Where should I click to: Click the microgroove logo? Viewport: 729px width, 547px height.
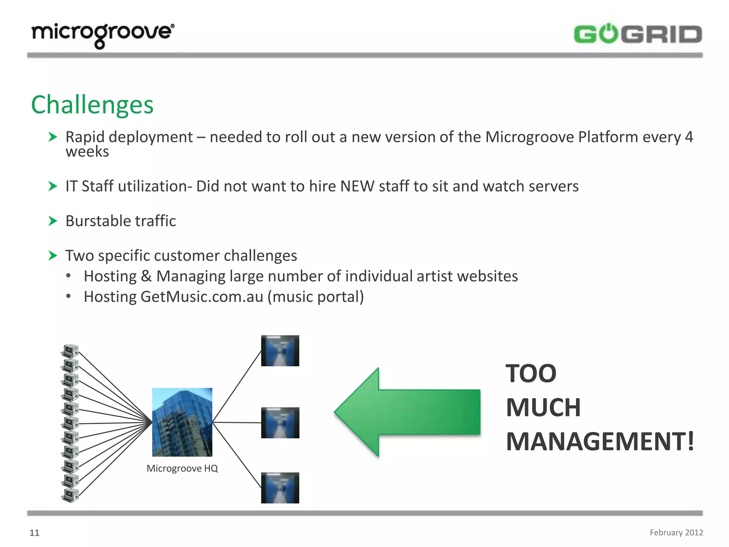[x=103, y=35]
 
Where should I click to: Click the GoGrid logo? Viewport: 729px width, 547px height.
[x=638, y=34]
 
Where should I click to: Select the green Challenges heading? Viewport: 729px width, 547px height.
[x=92, y=105]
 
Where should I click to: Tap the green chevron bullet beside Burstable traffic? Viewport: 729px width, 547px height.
[x=53, y=221]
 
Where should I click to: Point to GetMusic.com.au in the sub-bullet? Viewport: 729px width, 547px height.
[x=202, y=297]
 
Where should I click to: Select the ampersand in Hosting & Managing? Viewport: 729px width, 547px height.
[x=146, y=276]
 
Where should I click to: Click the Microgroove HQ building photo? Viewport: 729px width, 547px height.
[x=182, y=422]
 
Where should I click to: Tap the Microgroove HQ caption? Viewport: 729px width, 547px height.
[x=182, y=468]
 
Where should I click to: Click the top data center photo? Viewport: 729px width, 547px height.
[x=280, y=351]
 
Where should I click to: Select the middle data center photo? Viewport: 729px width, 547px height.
[x=280, y=423]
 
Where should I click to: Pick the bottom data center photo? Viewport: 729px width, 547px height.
[x=280, y=488]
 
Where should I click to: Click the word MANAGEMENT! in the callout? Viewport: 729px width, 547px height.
[x=600, y=442]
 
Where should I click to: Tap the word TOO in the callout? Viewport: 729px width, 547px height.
[x=531, y=374]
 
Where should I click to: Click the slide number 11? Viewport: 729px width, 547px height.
[x=34, y=533]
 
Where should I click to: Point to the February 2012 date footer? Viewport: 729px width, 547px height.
[x=676, y=532]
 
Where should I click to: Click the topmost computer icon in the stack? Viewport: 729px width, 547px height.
[x=70, y=351]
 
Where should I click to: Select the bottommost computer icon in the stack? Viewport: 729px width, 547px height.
[x=70, y=495]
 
